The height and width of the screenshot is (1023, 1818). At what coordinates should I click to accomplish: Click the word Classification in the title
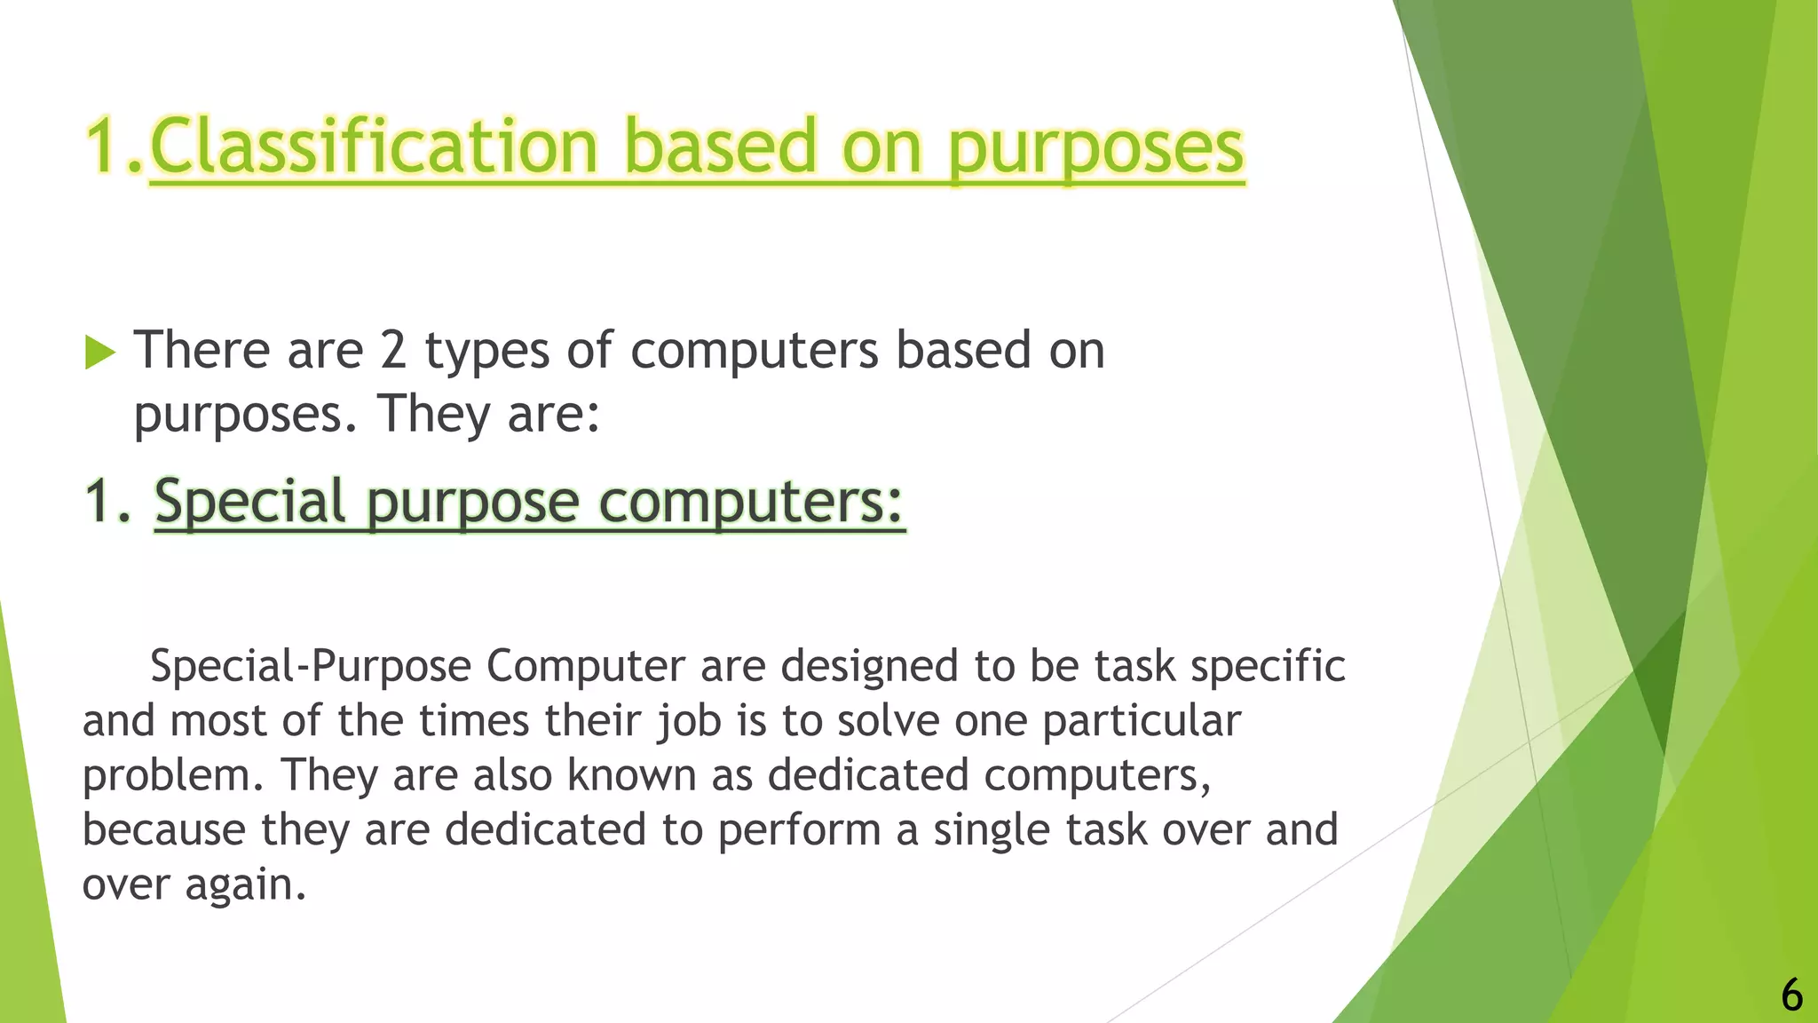click(374, 147)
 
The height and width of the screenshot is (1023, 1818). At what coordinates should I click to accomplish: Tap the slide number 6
click(1791, 995)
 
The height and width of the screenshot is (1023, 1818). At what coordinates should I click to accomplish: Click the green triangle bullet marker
click(100, 353)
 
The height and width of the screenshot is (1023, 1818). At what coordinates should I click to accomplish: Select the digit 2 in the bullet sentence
click(393, 350)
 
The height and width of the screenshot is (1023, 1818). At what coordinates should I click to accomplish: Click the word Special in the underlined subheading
click(249, 502)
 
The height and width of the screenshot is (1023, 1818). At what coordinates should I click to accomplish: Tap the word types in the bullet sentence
click(487, 352)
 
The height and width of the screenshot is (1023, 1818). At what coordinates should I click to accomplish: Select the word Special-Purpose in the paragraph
click(311, 666)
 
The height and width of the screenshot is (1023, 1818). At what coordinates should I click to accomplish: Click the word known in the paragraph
click(631, 774)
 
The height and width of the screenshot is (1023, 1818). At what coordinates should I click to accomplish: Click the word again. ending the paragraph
click(245, 885)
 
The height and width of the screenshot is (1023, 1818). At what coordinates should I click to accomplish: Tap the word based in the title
click(720, 147)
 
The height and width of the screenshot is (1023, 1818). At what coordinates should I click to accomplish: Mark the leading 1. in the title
click(115, 147)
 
